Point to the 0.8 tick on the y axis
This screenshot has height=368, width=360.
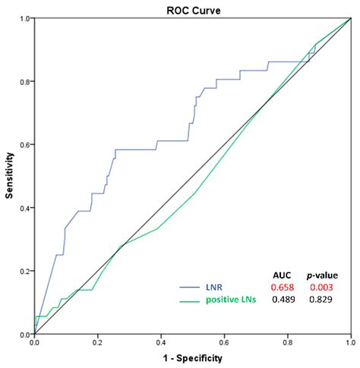(25, 81)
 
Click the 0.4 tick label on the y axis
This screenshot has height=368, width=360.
(25, 208)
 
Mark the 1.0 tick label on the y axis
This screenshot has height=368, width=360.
(25, 18)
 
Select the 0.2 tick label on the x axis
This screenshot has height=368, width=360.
(97, 343)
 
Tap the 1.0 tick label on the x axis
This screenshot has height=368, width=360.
(349, 343)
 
